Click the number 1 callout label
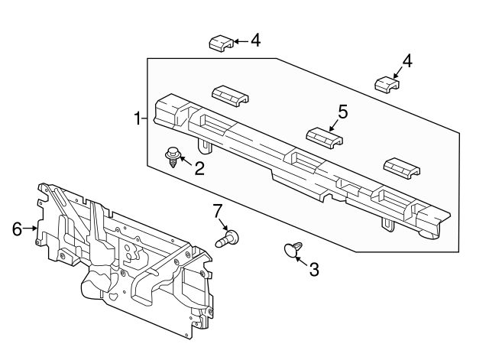pyautogui.click(x=138, y=118)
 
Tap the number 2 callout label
pyautogui.click(x=199, y=167)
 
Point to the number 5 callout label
pyautogui.click(x=342, y=112)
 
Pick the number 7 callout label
pyautogui.click(x=217, y=210)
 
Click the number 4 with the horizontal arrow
pyautogui.click(x=255, y=41)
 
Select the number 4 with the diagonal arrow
pyautogui.click(x=407, y=61)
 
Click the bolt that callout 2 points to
pyautogui.click(x=173, y=157)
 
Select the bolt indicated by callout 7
pyautogui.click(x=228, y=238)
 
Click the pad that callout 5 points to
pyautogui.click(x=324, y=137)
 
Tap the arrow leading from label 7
pyautogui.click(x=223, y=224)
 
